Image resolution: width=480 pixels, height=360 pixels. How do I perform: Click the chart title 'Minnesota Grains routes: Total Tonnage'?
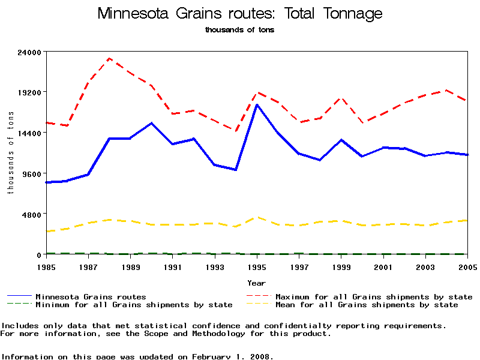point(239,14)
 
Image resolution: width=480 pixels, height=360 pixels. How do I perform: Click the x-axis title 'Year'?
point(256,283)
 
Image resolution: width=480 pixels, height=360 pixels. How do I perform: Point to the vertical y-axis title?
point(10,153)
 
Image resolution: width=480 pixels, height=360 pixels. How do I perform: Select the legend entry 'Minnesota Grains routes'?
point(91,296)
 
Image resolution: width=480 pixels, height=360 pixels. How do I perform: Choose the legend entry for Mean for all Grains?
point(366,305)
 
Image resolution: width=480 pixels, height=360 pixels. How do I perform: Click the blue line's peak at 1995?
point(257,105)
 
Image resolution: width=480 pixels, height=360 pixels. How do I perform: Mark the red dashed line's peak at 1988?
point(109,58)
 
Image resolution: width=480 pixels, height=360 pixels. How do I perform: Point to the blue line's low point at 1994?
point(236,170)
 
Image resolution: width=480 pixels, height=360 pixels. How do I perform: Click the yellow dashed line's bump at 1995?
point(257,217)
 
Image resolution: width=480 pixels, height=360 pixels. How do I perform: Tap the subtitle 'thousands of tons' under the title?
point(239,30)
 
